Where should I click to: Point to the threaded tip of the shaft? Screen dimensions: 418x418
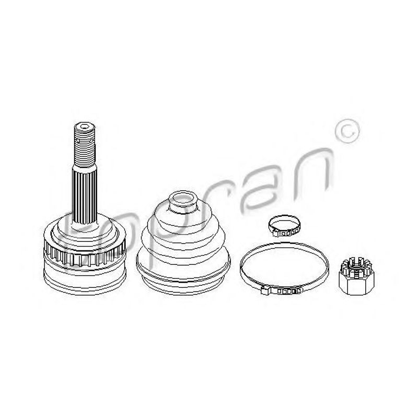coord(84,144)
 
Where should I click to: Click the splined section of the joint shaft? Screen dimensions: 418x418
coord(85,192)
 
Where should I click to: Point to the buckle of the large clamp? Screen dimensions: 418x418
coord(281,290)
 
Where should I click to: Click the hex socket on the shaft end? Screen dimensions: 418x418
coord(85,126)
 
